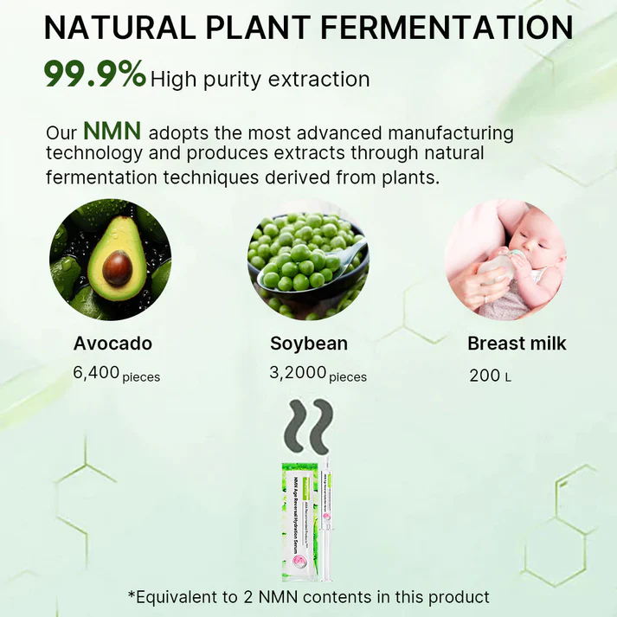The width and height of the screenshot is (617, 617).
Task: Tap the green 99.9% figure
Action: (x=94, y=74)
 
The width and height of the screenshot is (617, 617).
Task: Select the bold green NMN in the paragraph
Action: (x=112, y=132)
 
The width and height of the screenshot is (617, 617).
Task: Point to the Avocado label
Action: (x=112, y=343)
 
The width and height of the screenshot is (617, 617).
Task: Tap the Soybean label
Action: (x=309, y=343)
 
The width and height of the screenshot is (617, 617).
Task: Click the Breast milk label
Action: (x=517, y=343)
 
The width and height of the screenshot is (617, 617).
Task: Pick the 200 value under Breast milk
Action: (x=484, y=375)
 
